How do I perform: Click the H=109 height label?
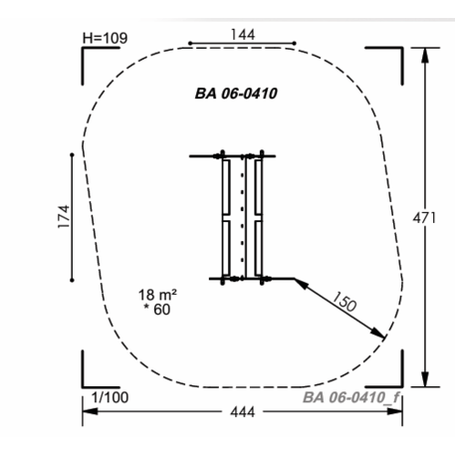[105, 38]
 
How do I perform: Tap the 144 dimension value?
[243, 35]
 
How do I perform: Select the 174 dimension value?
[64, 216]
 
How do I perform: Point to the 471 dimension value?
[424, 218]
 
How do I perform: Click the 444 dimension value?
[243, 412]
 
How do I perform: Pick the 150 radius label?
[344, 302]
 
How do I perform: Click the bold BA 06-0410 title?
[236, 94]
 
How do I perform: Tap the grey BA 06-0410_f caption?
[351, 397]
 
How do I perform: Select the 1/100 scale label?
[111, 397]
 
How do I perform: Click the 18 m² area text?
[157, 295]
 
